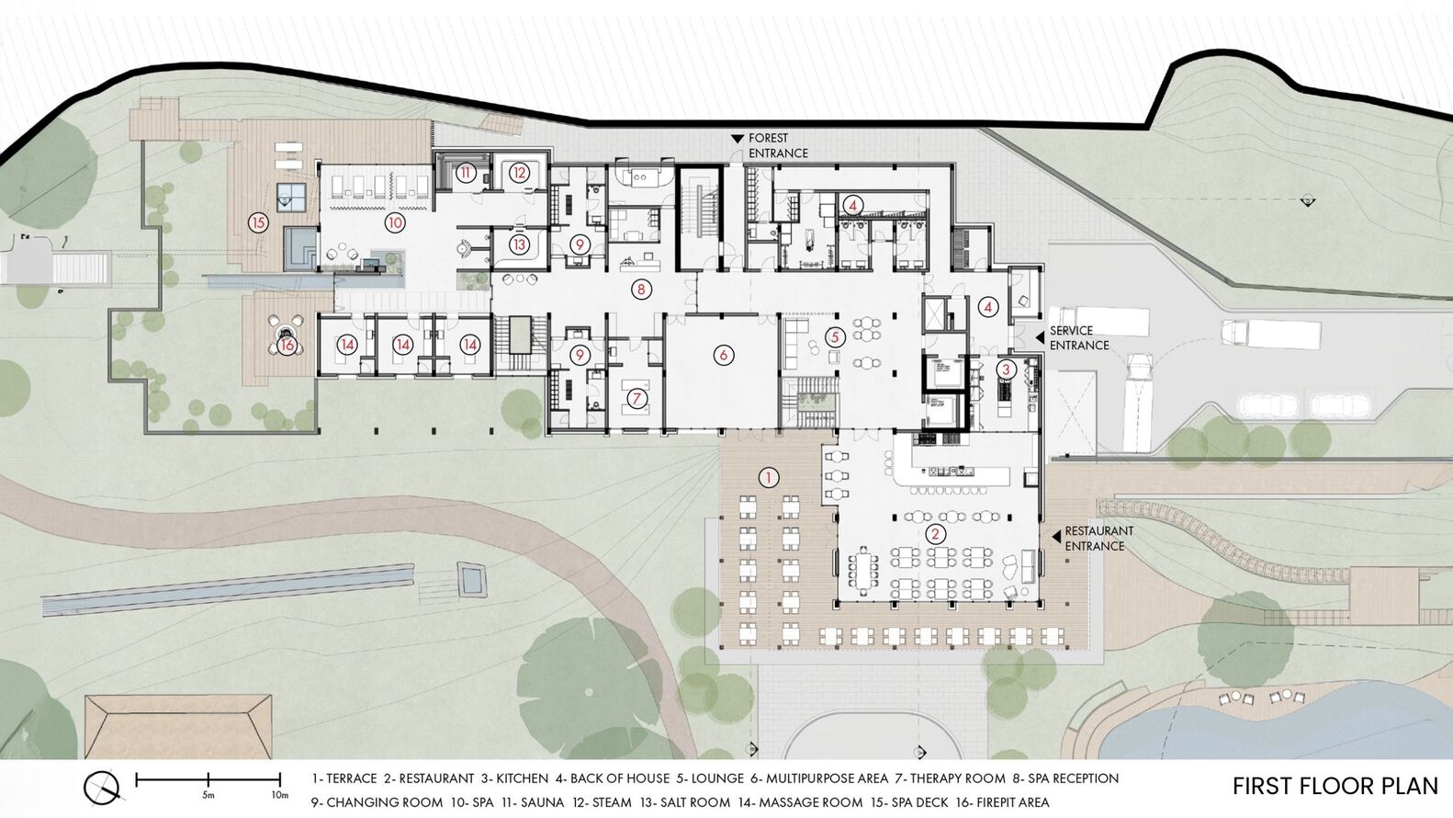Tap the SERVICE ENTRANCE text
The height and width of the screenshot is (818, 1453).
(x=1079, y=338)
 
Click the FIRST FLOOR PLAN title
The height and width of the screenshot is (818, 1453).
(x=1335, y=786)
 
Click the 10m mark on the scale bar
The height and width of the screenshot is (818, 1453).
(x=279, y=795)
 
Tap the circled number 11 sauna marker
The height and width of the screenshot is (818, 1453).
(x=465, y=173)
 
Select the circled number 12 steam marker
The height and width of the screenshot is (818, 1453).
(x=519, y=173)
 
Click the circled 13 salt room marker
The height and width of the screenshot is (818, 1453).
(x=519, y=244)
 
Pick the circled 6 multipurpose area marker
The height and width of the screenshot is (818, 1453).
(x=723, y=355)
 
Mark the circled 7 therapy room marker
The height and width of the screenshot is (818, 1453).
(x=636, y=398)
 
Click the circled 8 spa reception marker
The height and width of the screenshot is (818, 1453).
(x=641, y=290)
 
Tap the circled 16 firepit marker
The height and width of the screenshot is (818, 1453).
(x=287, y=345)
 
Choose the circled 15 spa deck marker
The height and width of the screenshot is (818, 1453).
(x=258, y=223)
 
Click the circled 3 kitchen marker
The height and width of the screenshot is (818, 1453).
(x=1006, y=369)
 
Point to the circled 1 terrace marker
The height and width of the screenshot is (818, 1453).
(x=769, y=478)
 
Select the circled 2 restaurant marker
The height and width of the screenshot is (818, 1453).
(x=935, y=534)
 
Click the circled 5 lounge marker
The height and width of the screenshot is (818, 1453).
(x=835, y=337)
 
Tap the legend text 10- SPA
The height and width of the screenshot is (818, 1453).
(x=472, y=802)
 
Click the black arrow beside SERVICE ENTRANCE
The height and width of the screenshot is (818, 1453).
(x=1039, y=337)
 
